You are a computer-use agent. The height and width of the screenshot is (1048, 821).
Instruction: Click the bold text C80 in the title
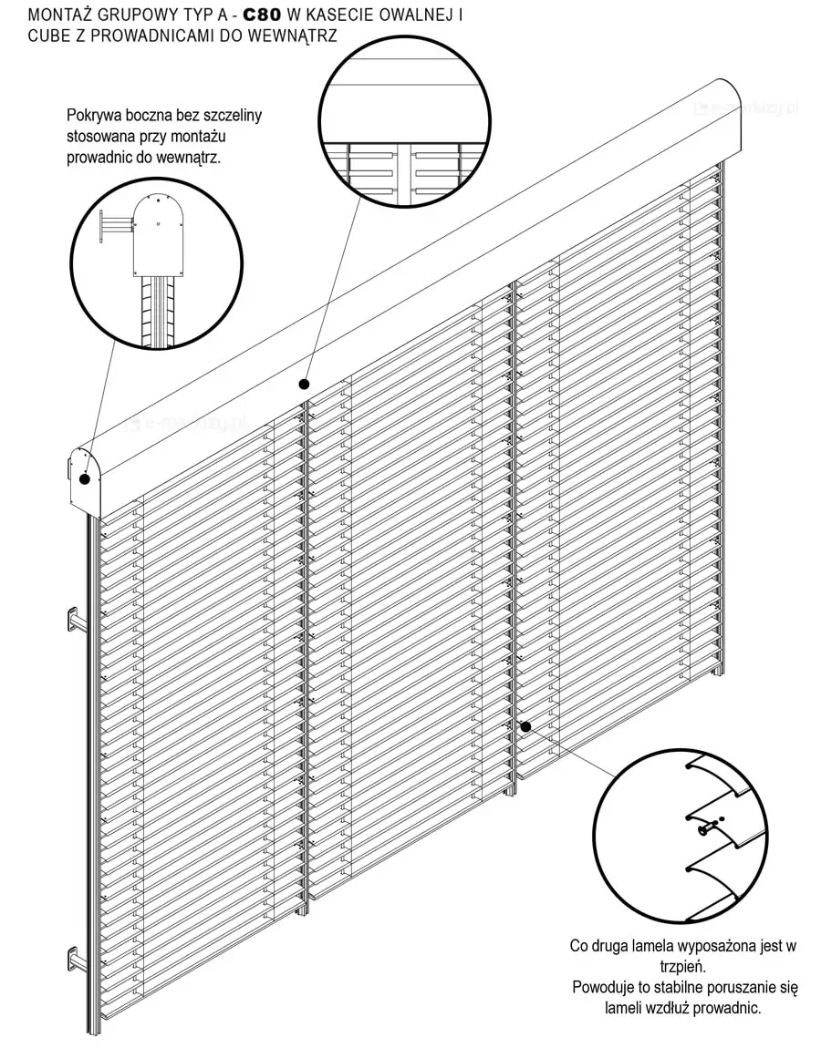pos(262,15)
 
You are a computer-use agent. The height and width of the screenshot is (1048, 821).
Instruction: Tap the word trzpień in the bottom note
pos(682,966)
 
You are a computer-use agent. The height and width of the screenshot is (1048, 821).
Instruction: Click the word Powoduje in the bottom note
pos(606,987)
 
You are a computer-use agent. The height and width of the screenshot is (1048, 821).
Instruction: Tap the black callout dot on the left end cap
pos(84,478)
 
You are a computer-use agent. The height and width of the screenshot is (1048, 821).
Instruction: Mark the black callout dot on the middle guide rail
pos(525,726)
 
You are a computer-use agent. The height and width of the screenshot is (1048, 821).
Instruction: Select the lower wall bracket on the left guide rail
pos(76,959)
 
